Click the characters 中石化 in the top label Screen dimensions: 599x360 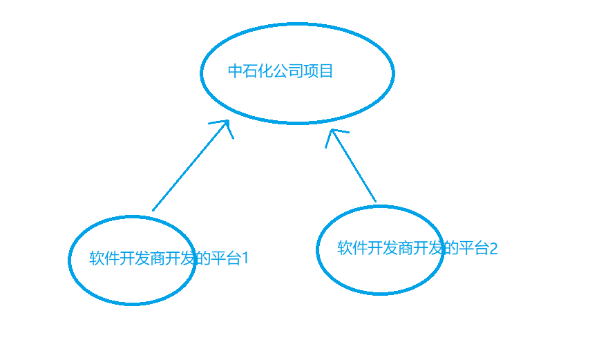[x=250, y=71]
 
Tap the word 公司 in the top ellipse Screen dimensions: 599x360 [x=288, y=71]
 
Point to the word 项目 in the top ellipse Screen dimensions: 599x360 [x=318, y=71]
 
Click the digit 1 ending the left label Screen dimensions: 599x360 [x=245, y=259]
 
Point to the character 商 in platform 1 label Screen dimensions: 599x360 [x=158, y=259]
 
